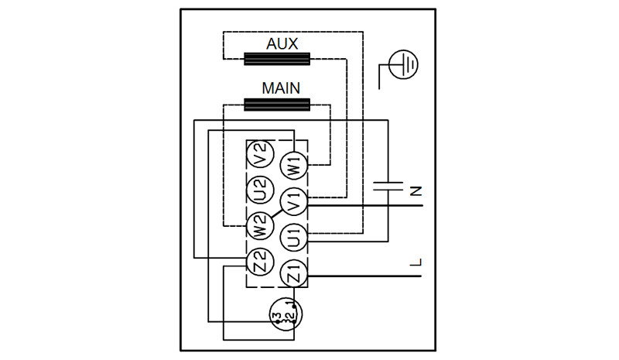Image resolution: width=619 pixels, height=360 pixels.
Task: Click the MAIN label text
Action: point(280,88)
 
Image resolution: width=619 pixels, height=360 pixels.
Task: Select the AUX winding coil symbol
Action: point(276,59)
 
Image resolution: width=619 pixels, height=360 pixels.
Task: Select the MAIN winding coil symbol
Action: point(276,105)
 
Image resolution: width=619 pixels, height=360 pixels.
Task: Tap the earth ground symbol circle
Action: point(402,65)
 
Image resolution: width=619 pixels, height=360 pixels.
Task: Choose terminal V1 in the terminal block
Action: point(294,203)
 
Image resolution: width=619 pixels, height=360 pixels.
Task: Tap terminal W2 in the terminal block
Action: point(260,226)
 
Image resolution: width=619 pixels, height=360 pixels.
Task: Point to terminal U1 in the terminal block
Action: point(294,237)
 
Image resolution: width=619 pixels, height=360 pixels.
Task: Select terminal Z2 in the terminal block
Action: point(260,263)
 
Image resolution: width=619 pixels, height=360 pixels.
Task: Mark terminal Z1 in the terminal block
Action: point(294,273)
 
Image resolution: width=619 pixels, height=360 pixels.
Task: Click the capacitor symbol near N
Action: point(387,186)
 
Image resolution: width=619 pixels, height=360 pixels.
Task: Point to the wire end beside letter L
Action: point(422,275)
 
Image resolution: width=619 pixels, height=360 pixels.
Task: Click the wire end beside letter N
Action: point(422,204)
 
